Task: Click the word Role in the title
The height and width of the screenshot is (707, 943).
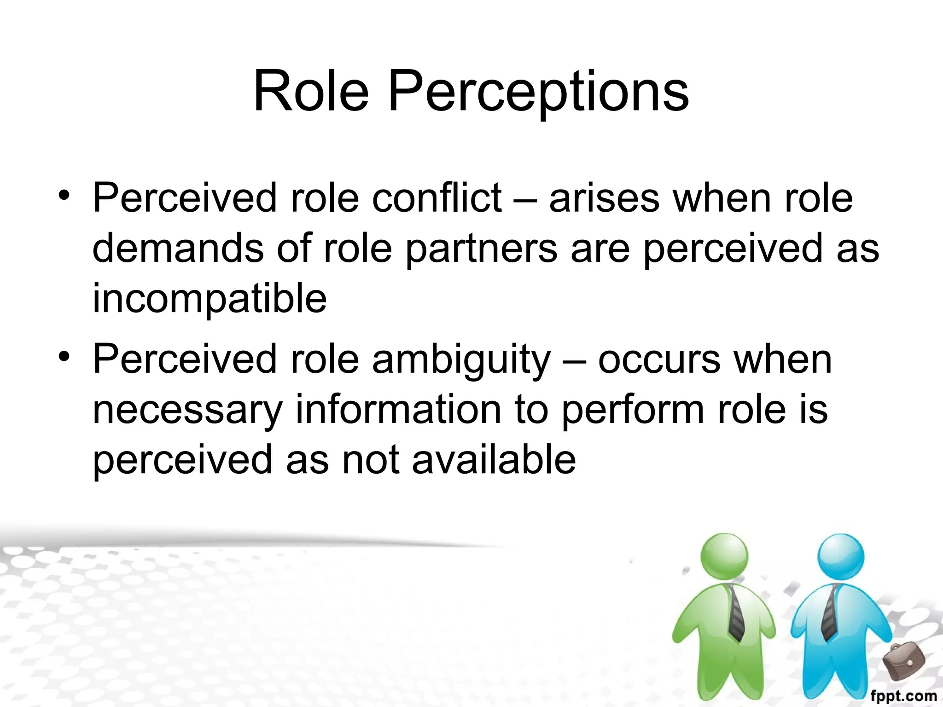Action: (311, 91)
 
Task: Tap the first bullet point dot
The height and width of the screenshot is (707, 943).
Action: (64, 195)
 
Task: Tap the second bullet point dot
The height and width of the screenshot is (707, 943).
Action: (64, 357)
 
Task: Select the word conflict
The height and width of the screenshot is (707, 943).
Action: (437, 198)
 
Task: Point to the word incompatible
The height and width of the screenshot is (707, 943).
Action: (210, 299)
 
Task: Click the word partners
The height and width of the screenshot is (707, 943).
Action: (482, 249)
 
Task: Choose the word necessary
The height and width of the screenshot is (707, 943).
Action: (187, 411)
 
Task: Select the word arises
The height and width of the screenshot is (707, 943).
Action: (604, 198)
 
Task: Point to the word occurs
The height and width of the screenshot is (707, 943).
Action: (659, 360)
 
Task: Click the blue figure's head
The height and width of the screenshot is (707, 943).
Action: (841, 556)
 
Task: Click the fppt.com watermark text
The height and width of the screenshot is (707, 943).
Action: (903, 696)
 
